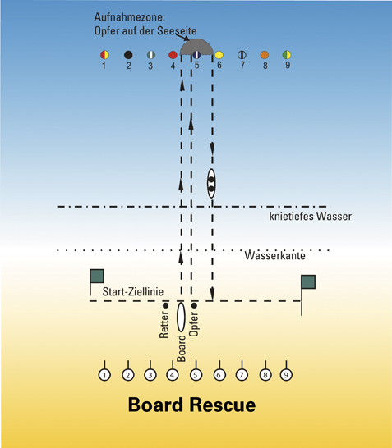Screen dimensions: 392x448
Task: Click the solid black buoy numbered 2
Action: pos(128,55)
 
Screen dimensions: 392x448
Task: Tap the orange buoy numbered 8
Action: pos(265,55)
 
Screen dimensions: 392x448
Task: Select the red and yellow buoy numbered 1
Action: pos(104,55)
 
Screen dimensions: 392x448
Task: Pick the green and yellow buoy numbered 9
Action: pos(287,55)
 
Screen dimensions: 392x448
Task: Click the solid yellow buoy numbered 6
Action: pos(219,55)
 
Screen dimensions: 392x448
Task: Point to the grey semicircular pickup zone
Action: pos(196,46)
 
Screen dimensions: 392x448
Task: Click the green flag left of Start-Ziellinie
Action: pos(97,276)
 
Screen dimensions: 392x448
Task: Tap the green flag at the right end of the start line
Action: pos(308,282)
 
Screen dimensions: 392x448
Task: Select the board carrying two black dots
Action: pos(211,184)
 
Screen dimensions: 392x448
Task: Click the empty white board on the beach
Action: pos(181,317)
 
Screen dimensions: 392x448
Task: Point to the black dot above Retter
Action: pos(165,306)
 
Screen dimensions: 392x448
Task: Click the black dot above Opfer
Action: pos(194,306)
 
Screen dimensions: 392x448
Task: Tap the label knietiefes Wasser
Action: pos(311,217)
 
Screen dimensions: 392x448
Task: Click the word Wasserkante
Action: pos(275,255)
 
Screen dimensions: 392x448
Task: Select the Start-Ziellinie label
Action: pos(133,291)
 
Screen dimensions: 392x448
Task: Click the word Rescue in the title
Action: pos(223,405)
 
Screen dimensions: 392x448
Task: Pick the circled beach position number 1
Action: pos(104,375)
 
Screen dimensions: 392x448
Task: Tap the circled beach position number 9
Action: pos(286,375)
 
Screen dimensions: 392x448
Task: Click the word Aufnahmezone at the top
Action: pos(130,17)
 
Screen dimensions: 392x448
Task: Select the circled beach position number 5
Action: pos(196,375)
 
